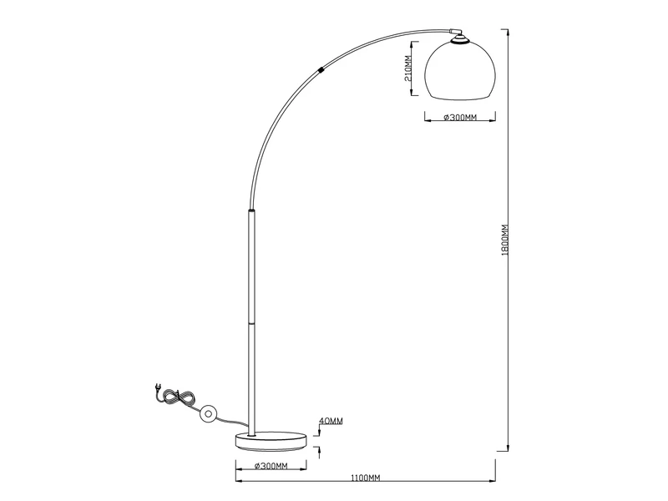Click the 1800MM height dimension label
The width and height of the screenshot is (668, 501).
pos(505,240)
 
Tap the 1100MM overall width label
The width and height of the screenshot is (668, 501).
pos(365,478)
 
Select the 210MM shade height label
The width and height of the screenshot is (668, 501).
pos(407,68)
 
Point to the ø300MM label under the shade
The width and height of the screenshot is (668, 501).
pos(460,117)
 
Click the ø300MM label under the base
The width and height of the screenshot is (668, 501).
pos(271,466)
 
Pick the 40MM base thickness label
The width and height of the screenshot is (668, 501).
pos(331,421)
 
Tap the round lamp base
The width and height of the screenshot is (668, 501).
pos(271,442)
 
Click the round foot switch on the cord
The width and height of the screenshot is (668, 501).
pos(209,413)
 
